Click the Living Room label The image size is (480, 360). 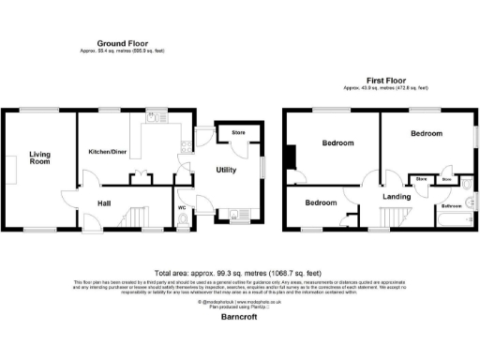pos(39,157)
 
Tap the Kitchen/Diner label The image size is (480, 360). pos(108,151)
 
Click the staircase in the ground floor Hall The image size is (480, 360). pos(136,217)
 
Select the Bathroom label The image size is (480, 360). pos(452,204)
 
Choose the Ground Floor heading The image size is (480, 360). pos(123,42)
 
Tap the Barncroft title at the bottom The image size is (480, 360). pos(239,317)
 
